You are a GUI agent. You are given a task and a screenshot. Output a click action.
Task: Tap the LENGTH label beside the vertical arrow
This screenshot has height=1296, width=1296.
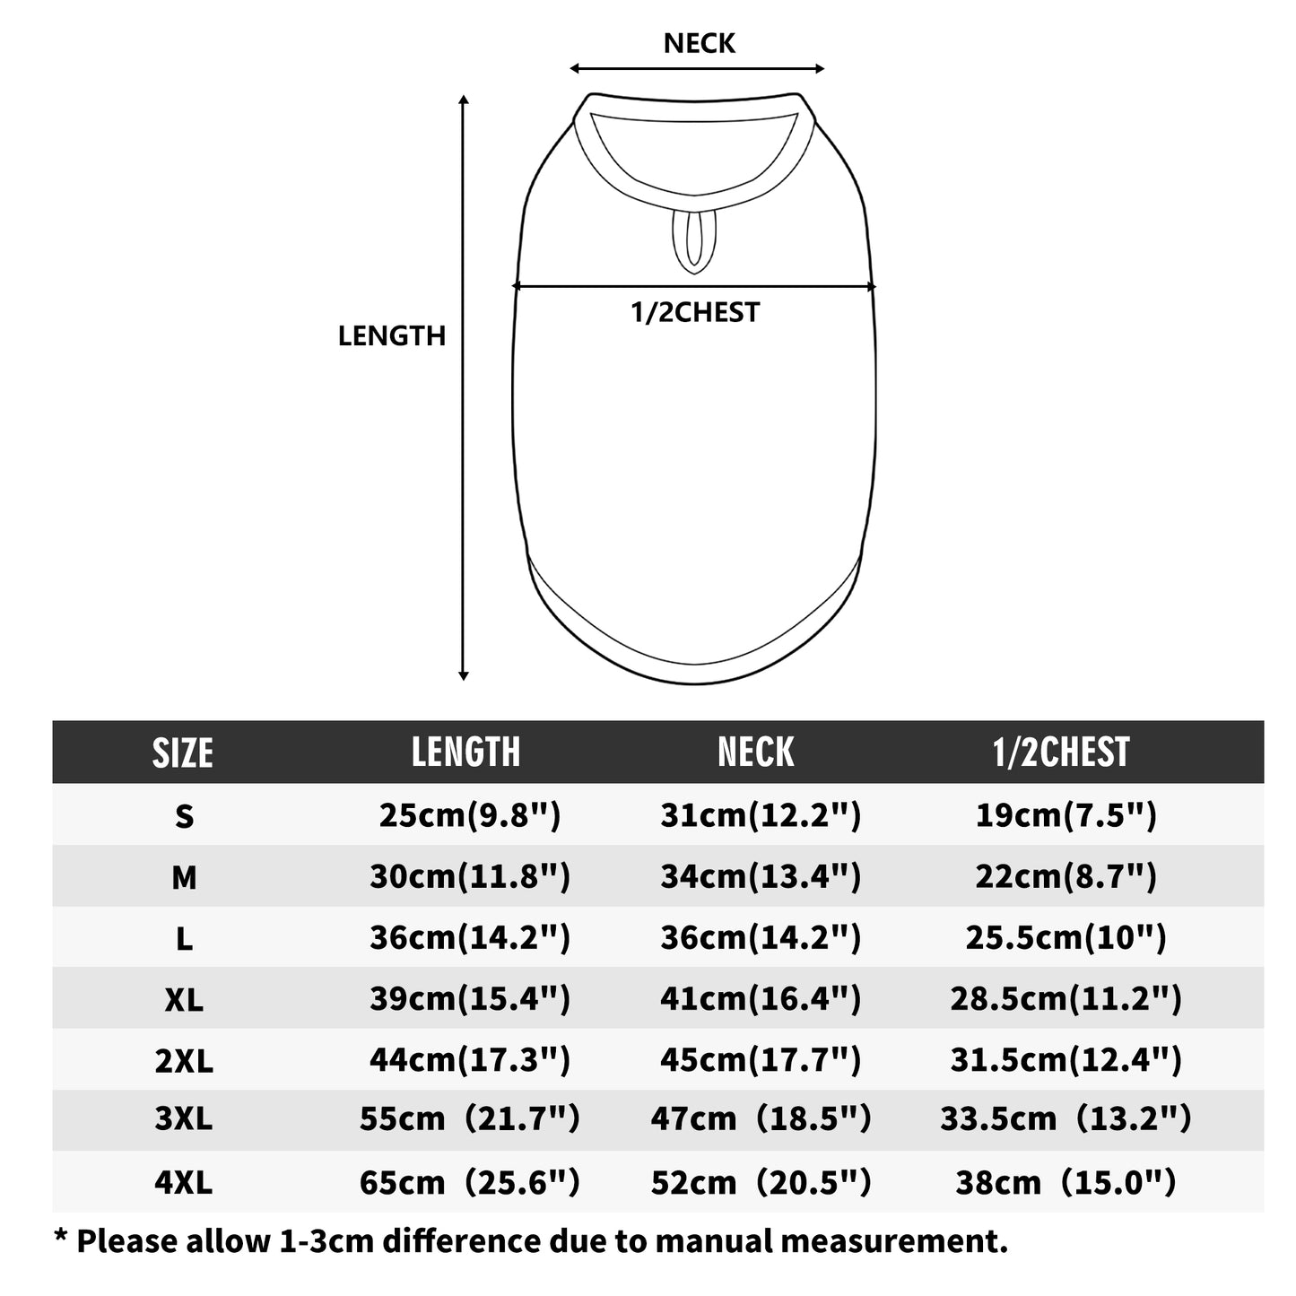391,336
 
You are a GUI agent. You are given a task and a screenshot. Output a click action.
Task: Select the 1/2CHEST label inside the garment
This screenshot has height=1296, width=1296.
695,313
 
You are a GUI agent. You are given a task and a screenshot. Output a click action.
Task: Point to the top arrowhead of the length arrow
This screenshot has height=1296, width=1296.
464,100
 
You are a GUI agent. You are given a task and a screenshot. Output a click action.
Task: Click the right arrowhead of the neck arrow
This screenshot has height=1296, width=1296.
819,68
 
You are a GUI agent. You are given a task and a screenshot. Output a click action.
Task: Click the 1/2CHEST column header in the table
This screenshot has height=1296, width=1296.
1061,752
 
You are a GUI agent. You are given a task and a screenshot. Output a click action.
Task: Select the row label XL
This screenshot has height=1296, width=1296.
184,1001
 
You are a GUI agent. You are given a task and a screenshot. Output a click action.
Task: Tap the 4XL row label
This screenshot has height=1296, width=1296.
184,1182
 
